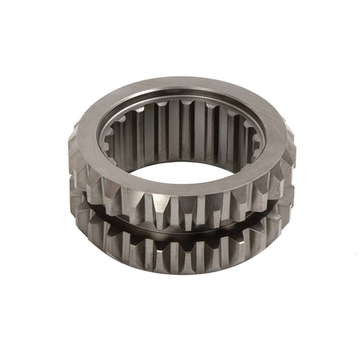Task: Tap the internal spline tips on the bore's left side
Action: coord(115,137)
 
